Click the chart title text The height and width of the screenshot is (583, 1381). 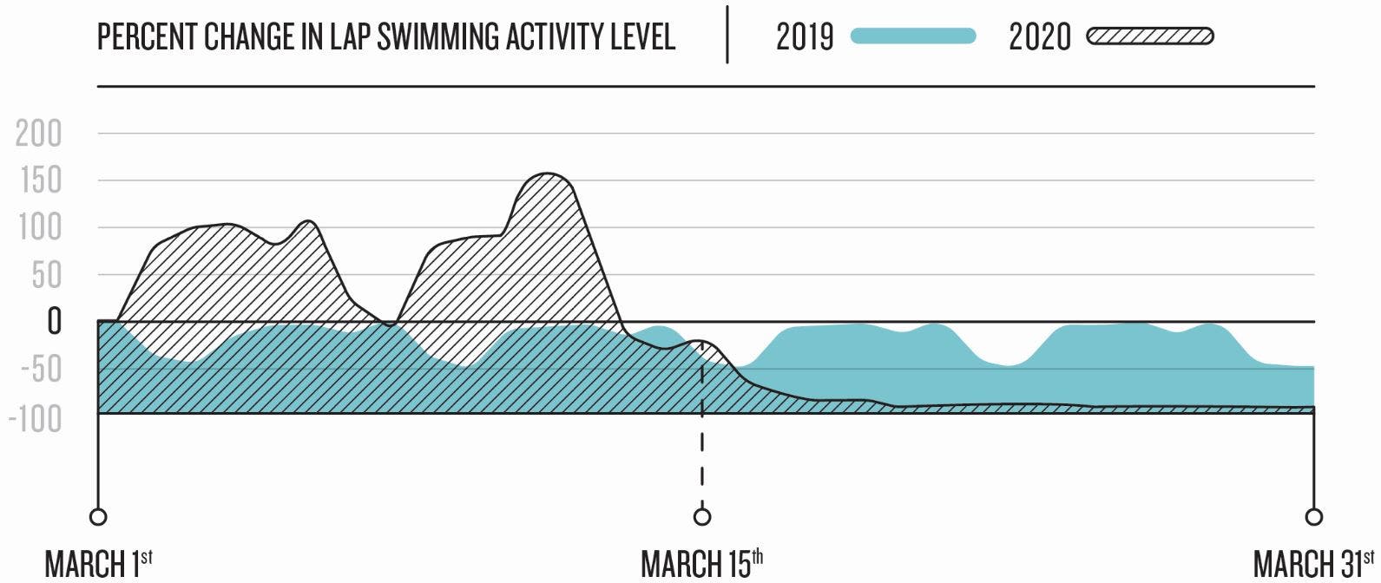click(385, 37)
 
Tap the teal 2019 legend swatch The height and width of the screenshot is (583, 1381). click(913, 36)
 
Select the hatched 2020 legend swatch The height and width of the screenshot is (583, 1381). click(1149, 36)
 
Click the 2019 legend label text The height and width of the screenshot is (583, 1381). click(804, 37)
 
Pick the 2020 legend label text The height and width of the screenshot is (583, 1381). click(1039, 37)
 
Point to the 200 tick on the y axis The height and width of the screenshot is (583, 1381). click(39, 134)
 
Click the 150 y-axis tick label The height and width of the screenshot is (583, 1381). click(41, 181)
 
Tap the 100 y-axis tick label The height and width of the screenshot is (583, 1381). click(41, 228)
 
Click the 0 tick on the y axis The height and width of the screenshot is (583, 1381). click(54, 322)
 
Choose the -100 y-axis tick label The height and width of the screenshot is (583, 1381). click(36, 418)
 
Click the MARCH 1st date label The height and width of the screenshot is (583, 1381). click(98, 563)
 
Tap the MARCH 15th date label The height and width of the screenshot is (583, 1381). click(701, 563)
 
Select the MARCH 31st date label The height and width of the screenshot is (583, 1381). click(1313, 563)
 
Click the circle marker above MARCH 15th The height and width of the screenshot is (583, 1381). click(702, 517)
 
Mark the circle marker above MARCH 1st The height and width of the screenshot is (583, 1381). click(98, 517)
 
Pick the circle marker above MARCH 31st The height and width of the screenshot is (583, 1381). click(1314, 517)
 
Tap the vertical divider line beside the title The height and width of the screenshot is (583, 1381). click(727, 35)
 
